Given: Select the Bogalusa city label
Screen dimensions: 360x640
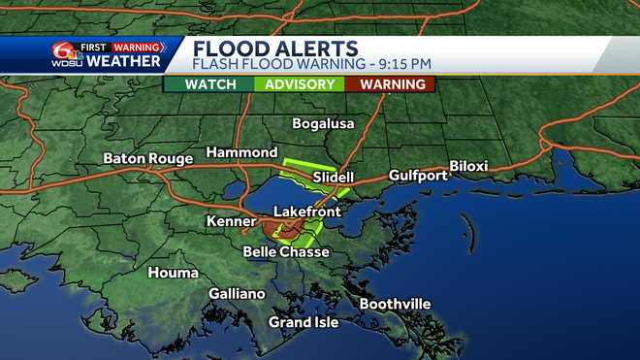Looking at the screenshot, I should tap(324, 123).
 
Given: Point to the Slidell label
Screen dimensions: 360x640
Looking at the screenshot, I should tap(334, 178).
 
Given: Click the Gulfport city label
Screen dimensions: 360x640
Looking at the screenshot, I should tap(418, 176).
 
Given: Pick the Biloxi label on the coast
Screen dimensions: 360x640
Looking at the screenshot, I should tap(468, 166).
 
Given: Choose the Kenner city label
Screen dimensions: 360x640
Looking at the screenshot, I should tap(230, 222).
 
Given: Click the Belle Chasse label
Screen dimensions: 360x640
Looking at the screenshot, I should tap(286, 252).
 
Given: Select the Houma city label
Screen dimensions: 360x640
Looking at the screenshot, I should tap(173, 273).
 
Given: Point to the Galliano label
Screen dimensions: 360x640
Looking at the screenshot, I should tap(237, 293).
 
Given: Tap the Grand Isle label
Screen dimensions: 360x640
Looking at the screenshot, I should tap(304, 322).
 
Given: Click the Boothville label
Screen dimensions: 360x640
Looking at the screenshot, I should tap(395, 304).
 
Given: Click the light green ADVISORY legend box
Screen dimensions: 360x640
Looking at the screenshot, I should tap(299, 84).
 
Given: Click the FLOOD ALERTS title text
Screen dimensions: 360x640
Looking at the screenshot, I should tap(275, 49).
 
